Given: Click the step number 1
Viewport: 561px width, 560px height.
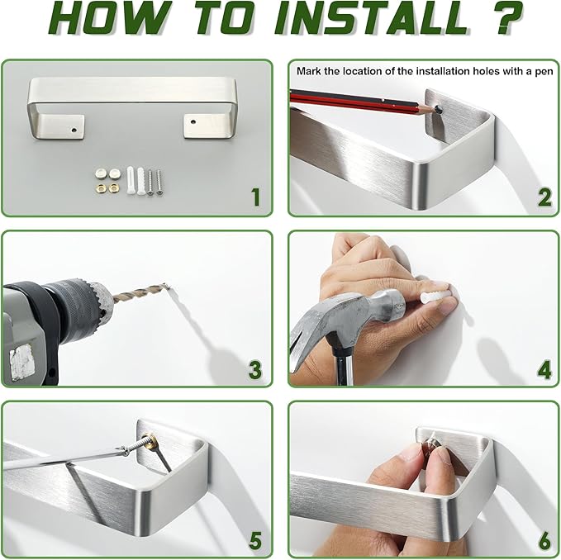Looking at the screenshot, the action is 256,197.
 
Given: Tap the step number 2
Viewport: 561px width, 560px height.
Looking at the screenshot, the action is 544,197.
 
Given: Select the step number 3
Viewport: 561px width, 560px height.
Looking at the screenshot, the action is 255,369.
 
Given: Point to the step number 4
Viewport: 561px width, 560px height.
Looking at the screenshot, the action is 544,369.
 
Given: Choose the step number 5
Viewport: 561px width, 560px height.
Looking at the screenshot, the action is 255,541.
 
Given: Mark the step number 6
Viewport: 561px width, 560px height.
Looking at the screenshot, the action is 544,541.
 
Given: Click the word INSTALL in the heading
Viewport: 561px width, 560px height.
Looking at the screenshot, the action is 372,18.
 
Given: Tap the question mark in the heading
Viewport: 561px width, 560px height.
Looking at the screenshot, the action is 506,18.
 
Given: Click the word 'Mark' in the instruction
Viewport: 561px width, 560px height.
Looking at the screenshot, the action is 309,71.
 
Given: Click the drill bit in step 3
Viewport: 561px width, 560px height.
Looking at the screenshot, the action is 140,291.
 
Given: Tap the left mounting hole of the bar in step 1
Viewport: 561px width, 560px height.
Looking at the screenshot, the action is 74,130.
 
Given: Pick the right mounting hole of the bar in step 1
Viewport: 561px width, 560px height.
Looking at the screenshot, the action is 193,122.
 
